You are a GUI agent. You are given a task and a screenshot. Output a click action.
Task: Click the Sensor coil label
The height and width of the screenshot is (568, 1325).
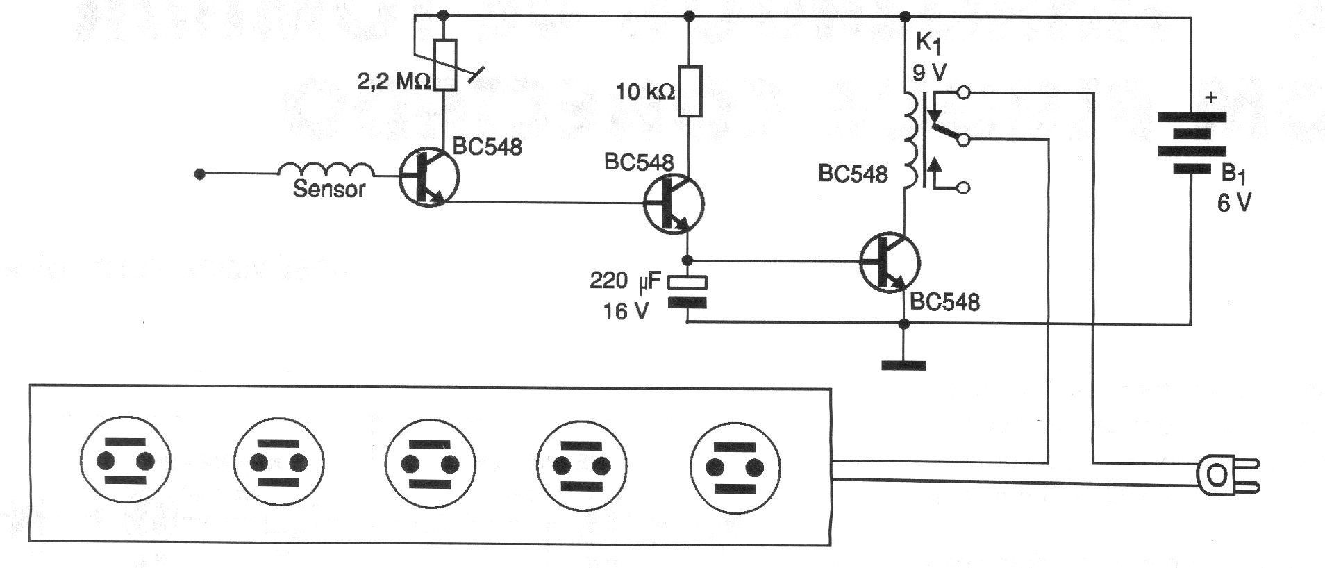(328, 189)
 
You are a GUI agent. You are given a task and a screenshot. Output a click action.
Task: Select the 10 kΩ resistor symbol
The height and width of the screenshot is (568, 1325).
(689, 91)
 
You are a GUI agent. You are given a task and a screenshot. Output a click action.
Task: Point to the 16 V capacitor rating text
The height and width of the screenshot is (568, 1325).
(625, 312)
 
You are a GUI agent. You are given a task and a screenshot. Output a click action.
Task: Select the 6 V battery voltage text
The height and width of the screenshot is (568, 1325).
(1234, 203)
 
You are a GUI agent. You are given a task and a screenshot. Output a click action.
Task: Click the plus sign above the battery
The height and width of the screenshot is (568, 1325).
(1212, 98)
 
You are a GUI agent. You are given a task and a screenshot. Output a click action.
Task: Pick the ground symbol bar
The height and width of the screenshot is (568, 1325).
(903, 365)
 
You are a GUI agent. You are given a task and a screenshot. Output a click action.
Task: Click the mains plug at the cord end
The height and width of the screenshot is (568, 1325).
(1226, 476)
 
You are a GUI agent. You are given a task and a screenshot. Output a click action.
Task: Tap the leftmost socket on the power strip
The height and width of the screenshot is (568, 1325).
(126, 462)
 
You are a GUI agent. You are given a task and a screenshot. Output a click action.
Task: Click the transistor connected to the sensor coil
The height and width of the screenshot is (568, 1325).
(429, 178)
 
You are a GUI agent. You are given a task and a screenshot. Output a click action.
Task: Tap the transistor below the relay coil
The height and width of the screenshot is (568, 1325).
(890, 262)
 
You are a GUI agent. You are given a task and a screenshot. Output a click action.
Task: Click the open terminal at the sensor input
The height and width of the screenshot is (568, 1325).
(200, 174)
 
